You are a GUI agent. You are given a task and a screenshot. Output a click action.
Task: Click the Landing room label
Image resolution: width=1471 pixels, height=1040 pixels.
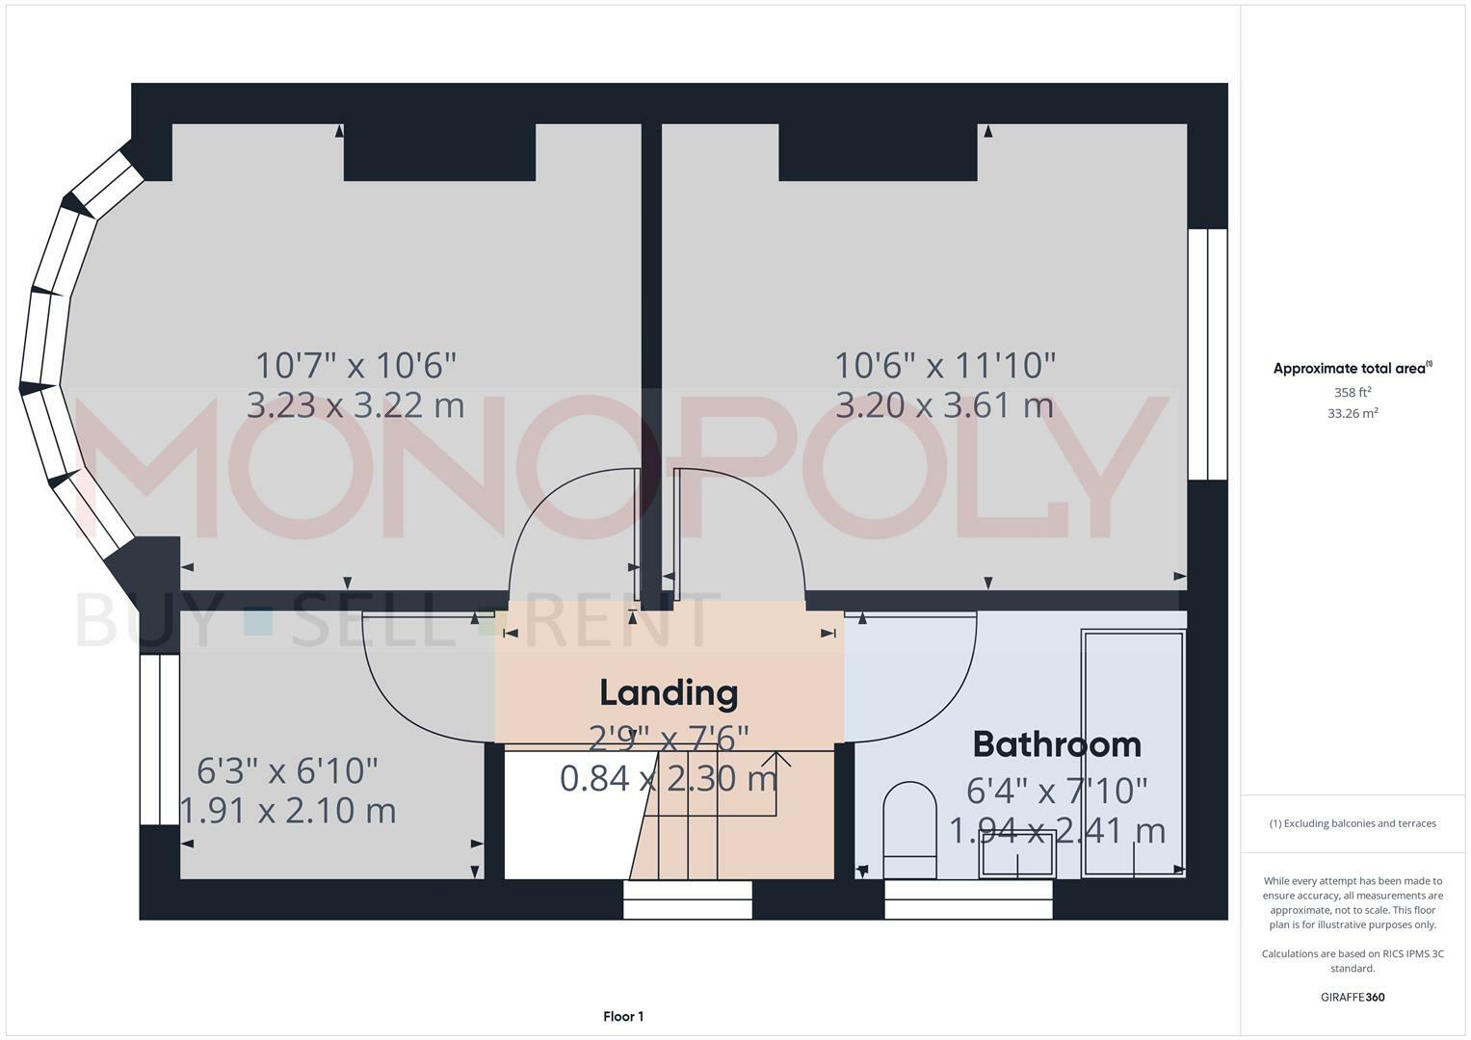669,692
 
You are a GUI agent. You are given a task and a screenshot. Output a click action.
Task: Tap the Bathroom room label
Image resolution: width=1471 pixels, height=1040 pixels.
1057,744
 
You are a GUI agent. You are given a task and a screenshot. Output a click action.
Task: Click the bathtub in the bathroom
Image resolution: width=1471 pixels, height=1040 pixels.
1134,753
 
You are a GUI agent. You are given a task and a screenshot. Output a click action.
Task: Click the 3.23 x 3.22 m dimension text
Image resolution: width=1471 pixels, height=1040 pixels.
355,405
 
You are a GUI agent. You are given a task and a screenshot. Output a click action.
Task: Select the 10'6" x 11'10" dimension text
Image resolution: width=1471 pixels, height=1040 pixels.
944,366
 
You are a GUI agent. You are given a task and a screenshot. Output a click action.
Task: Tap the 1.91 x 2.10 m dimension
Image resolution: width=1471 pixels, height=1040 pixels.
288,811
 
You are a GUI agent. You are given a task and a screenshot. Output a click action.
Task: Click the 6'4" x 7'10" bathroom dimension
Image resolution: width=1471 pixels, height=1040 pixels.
1057,791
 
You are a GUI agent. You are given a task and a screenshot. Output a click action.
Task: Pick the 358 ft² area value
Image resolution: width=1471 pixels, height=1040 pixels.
1353,393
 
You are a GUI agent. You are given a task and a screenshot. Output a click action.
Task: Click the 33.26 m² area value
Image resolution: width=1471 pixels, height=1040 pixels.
1353,413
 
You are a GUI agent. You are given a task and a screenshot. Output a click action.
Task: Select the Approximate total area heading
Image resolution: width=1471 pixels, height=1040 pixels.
1353,368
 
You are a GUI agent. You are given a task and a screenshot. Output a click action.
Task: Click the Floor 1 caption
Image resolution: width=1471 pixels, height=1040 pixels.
623,1016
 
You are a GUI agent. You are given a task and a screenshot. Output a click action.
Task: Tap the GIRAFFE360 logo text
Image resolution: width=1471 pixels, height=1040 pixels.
1353,997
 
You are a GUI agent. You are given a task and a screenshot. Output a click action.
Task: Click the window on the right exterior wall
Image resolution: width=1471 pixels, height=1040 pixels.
1207,353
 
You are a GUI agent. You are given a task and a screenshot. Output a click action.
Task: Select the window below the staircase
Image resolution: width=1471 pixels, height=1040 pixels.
687,899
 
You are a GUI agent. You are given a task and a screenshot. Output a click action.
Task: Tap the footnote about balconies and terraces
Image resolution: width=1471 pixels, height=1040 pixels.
1353,823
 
